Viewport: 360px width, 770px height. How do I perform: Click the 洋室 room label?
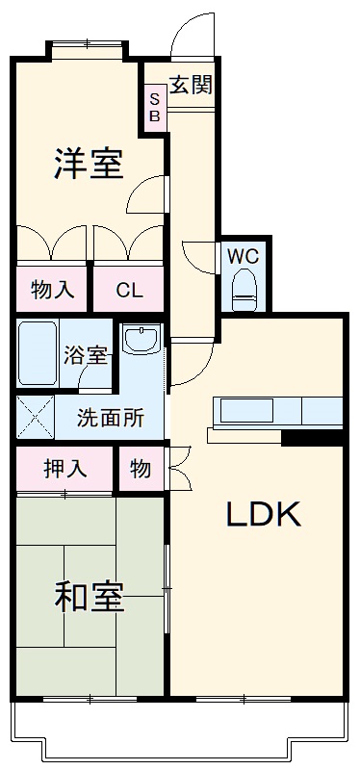88,165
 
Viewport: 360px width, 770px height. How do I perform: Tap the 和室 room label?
88,598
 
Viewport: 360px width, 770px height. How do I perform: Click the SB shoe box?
154,107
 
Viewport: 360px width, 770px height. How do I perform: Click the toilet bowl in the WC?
244,287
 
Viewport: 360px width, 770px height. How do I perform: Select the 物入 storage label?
52,288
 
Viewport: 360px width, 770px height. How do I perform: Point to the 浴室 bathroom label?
87,354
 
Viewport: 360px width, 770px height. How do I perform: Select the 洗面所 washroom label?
111,418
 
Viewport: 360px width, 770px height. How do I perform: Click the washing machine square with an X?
34,420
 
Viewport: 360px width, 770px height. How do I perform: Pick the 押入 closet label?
64,469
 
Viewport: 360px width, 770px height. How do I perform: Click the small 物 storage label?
141,469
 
